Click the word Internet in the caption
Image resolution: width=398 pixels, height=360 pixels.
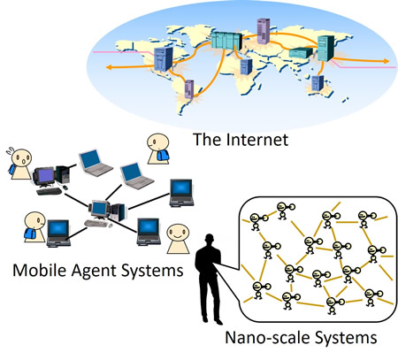[257, 140]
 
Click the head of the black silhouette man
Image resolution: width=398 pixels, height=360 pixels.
[210, 240]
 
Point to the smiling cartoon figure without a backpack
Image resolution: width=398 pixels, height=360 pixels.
[178, 239]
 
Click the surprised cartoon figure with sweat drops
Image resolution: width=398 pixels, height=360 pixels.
[20, 163]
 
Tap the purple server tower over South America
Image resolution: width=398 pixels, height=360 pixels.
[189, 89]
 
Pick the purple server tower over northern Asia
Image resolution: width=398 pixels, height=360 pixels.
[264, 31]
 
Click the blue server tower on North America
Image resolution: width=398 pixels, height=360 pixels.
[163, 59]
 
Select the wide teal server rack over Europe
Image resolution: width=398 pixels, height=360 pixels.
[226, 40]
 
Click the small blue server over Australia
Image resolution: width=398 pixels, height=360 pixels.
[318, 83]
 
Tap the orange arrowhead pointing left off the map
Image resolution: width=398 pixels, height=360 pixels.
[109, 67]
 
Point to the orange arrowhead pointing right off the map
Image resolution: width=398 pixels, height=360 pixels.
[386, 61]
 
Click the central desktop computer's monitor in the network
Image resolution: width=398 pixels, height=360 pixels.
[99, 209]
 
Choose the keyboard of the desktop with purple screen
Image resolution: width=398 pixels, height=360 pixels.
[49, 191]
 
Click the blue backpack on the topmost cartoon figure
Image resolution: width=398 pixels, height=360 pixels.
[163, 155]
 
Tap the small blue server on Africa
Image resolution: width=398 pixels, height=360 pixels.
[246, 67]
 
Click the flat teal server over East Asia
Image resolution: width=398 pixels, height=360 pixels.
[301, 52]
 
